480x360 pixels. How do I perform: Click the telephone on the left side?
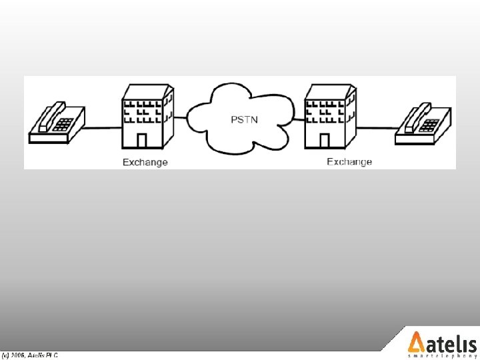(x=57, y=124)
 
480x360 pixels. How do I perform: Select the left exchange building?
(x=145, y=119)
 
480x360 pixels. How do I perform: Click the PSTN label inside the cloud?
(x=245, y=120)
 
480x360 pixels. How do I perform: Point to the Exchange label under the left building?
(x=145, y=162)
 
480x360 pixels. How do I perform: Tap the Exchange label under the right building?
(x=349, y=161)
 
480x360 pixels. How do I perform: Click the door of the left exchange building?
(x=141, y=141)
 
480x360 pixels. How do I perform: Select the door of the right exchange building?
(x=324, y=141)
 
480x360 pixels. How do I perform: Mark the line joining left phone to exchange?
(x=103, y=127)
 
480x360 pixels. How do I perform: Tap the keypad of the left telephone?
(x=64, y=123)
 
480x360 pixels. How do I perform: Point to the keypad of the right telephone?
(x=431, y=124)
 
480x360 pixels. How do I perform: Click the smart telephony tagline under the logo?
(x=442, y=357)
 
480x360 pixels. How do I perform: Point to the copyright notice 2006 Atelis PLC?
(x=30, y=355)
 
